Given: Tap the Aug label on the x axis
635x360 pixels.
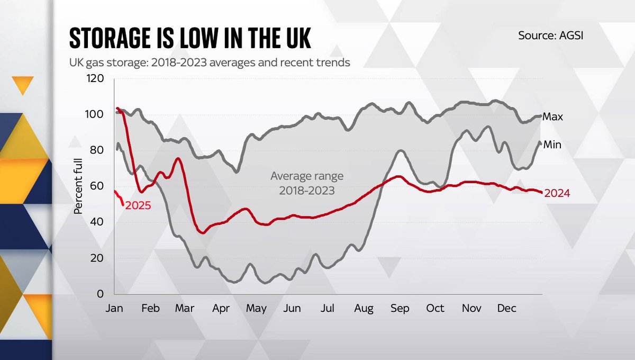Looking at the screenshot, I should coord(364,309).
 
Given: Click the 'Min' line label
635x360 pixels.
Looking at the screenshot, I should coord(552,145).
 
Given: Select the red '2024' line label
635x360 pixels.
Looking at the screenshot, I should coord(557,194).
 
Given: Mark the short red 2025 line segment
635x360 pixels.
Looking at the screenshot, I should coord(119,196).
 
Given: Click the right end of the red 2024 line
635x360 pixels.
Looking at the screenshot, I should coord(541,192).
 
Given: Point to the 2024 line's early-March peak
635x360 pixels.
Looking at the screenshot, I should coord(178,159).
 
